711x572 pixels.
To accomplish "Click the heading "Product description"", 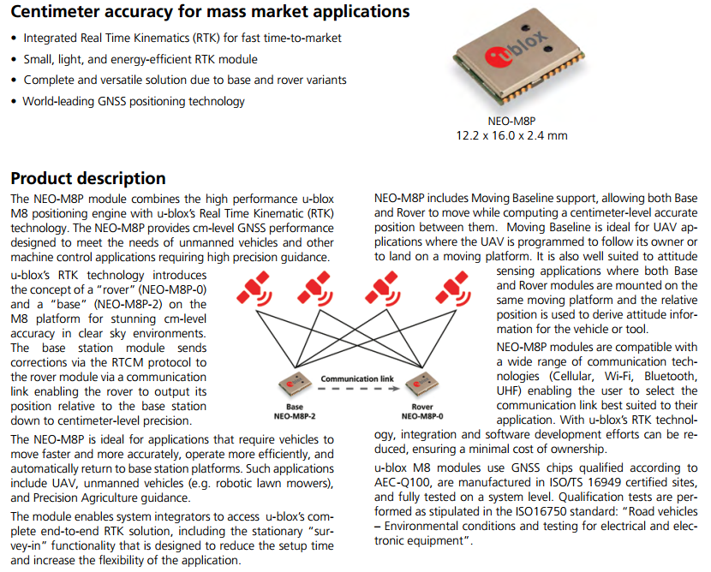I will tap(87, 178).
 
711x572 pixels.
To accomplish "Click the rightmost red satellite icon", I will tap(452, 289).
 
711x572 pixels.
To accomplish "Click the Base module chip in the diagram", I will tap(295, 387).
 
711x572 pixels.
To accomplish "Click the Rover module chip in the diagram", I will tap(421, 385).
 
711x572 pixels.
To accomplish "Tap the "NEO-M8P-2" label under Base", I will tap(295, 416).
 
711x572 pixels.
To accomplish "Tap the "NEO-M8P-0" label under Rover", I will tap(421, 416).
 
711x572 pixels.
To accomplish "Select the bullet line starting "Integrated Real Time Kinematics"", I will tap(182, 39).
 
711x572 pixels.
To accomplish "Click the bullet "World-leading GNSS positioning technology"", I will tap(134, 101).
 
